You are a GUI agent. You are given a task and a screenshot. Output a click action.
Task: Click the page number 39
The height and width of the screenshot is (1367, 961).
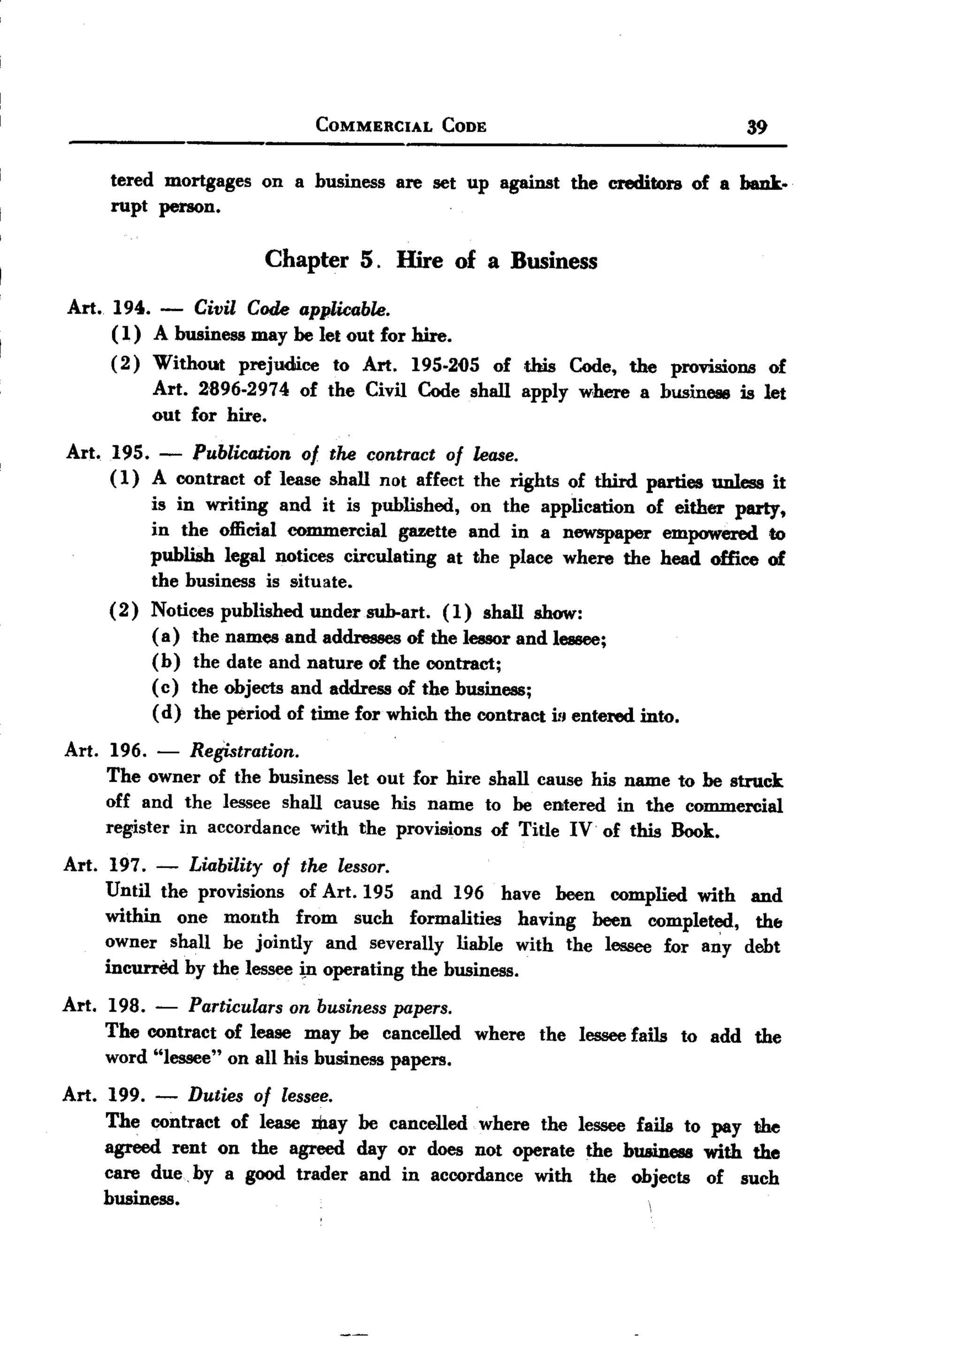(756, 127)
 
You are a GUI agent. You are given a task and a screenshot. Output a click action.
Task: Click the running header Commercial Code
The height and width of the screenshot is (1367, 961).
(401, 126)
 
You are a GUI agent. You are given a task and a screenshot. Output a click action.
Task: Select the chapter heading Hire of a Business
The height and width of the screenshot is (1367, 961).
(496, 261)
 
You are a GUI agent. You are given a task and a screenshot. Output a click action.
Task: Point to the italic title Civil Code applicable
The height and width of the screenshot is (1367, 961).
(291, 309)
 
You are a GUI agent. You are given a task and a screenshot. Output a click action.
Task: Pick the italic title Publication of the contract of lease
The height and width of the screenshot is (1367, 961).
(355, 454)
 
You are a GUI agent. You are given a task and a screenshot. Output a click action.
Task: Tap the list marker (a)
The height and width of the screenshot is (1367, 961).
(166, 636)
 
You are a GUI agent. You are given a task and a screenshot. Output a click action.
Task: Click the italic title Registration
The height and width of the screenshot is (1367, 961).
(244, 751)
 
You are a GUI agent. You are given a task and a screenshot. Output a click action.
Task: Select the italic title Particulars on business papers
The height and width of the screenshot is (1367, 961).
(320, 1007)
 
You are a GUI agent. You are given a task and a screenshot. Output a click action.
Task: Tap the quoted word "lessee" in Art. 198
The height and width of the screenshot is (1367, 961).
(185, 1057)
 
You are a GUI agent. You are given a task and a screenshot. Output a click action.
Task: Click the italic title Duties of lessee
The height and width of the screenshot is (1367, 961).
(260, 1095)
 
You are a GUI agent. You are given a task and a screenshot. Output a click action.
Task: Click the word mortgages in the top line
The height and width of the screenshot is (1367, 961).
(208, 181)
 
